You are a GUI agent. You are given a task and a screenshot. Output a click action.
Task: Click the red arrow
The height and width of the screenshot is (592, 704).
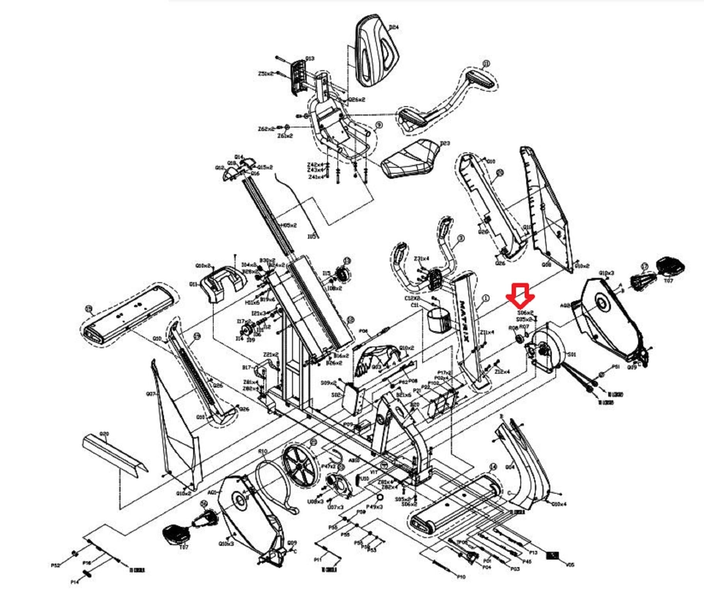pos(520,295)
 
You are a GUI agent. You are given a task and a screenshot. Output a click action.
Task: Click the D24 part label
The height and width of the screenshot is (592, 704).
pos(393,27)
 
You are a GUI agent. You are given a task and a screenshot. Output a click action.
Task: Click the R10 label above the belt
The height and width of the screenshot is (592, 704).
pos(263,451)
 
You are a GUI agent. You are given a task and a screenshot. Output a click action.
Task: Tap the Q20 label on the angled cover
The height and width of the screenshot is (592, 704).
pos(104,434)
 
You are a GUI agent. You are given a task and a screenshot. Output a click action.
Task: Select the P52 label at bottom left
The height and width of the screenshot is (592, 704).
pos(56,566)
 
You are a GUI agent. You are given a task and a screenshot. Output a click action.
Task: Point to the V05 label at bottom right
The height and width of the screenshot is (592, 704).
pos(570,565)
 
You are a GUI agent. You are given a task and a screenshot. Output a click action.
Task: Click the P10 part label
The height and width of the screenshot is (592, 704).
pos(461,577)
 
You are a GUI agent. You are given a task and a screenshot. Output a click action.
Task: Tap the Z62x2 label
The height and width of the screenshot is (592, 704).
pos(266,129)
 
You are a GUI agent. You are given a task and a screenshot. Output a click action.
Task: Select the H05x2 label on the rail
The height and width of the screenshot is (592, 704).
pos(289,225)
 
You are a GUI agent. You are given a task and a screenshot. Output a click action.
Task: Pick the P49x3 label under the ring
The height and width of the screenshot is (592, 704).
pos(374,507)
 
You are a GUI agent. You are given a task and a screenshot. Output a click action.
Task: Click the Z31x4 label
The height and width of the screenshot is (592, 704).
pos(421,259)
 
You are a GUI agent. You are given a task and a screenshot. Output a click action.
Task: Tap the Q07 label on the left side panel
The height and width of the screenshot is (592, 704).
pos(150,394)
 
